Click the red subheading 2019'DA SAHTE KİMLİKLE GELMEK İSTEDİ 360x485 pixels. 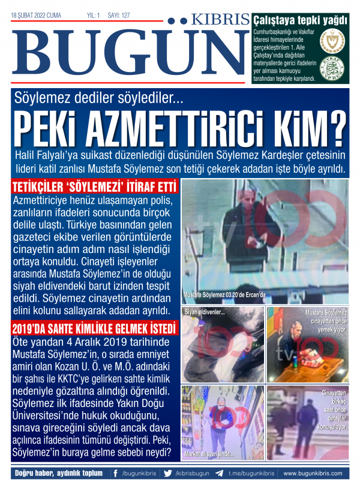tap(94, 329)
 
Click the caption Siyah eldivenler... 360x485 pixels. tap(205, 312)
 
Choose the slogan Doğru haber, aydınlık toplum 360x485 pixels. tap(59, 473)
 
